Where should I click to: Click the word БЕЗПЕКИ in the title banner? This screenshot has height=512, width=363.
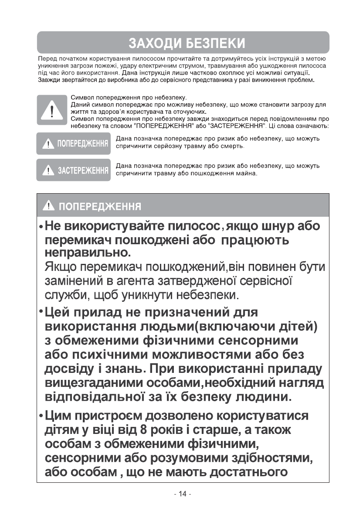click(x=215, y=43)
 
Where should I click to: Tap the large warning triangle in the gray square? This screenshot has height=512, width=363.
click(x=52, y=110)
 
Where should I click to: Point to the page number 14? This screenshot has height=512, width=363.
click(x=182, y=494)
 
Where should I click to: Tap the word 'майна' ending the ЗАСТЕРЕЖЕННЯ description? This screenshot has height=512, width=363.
click(x=247, y=173)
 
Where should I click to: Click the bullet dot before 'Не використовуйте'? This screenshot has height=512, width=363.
click(x=41, y=228)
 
